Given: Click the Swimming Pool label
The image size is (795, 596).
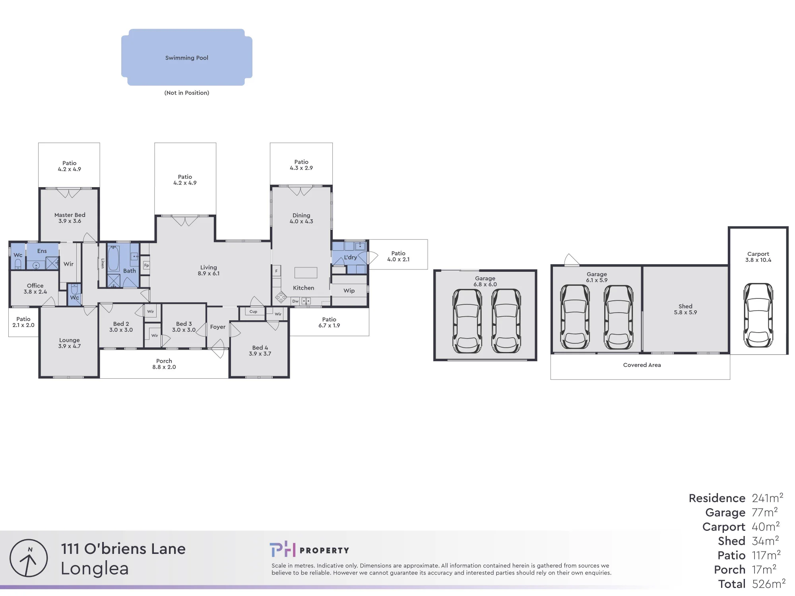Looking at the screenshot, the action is [187, 58].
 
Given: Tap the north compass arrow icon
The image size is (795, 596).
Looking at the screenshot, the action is [29, 558].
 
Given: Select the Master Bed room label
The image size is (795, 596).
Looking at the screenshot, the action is [70, 218].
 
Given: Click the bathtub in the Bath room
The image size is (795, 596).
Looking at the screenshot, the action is [113, 258].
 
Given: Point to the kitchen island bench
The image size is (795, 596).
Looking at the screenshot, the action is [306, 273].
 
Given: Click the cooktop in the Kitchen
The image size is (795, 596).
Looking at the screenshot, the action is [281, 297].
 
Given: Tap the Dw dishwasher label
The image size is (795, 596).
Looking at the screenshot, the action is [295, 301].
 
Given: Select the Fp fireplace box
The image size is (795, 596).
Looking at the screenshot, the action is [146, 265].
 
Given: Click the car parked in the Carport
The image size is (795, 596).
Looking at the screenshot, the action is [758, 315].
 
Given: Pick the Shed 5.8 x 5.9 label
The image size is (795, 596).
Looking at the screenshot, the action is [685, 309].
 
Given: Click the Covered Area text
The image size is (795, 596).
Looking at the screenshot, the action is [642, 365].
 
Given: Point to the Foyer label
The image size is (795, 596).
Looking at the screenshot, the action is [218, 327].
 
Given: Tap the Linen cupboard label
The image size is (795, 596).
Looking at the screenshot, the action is [103, 263].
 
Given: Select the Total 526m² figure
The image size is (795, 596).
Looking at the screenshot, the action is [752, 584].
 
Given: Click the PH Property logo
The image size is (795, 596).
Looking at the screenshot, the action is [309, 550].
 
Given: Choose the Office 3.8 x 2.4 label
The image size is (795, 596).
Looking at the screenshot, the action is [35, 288].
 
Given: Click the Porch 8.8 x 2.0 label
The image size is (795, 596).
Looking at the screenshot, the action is [164, 364].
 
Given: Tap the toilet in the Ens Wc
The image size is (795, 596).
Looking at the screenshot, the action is [18, 264].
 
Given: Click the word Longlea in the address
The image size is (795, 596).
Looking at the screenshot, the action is [95, 569].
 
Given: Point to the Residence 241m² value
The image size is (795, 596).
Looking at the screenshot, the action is [768, 498].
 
